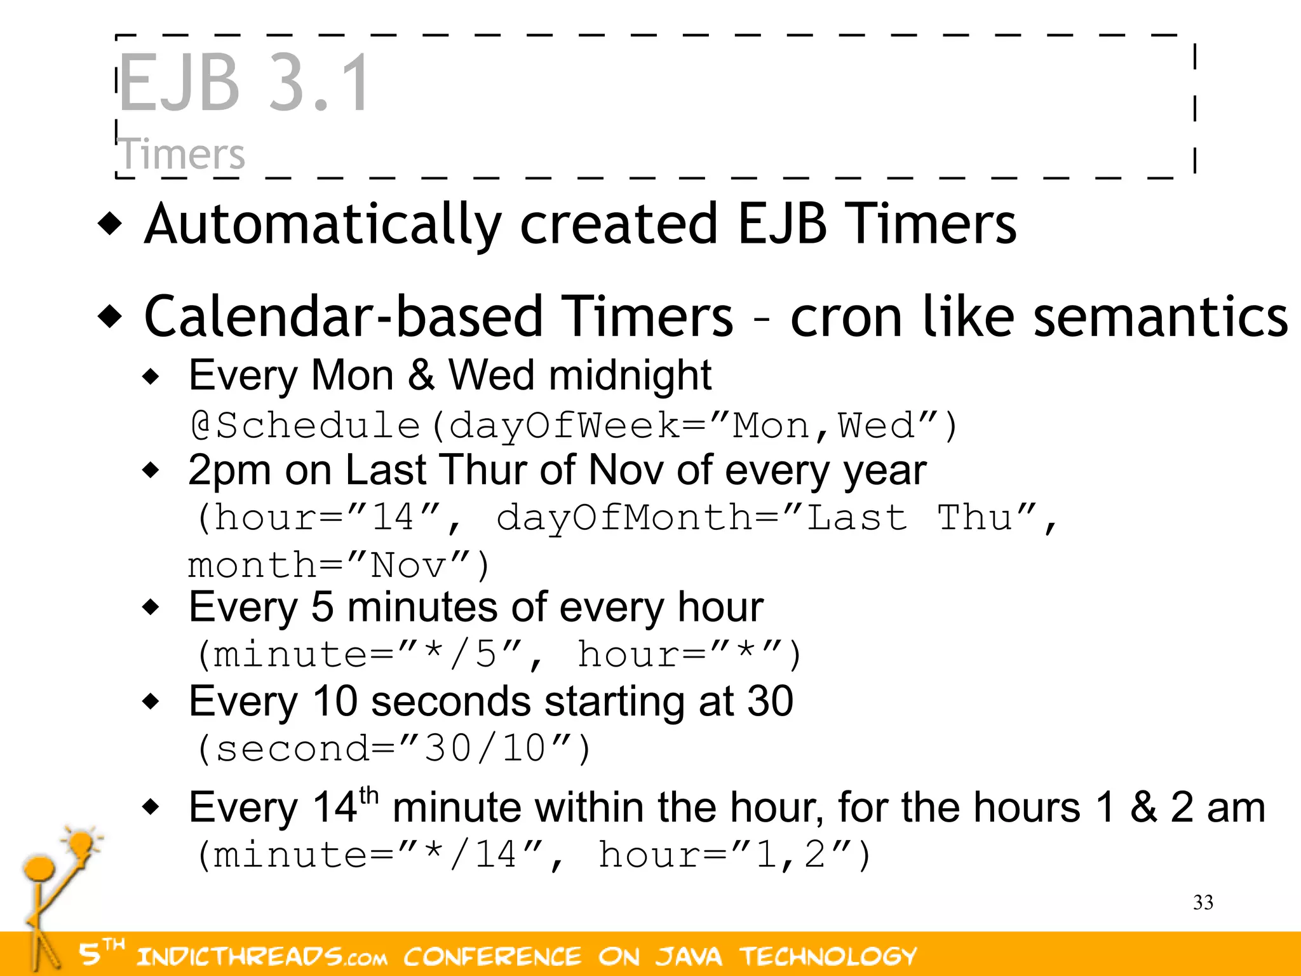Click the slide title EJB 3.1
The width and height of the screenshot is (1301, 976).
pyautogui.click(x=243, y=83)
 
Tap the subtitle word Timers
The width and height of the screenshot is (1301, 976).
pyautogui.click(x=182, y=154)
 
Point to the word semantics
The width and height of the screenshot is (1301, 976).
pyautogui.click(x=1161, y=317)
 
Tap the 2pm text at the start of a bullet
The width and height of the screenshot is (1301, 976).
pyautogui.click(x=229, y=471)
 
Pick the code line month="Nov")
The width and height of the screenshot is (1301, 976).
pyautogui.click(x=339, y=565)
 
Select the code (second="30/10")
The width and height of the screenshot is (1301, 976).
pyautogui.click(x=393, y=748)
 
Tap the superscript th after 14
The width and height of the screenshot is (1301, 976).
pyautogui.click(x=368, y=796)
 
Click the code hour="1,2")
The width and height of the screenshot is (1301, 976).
pyautogui.click(x=734, y=855)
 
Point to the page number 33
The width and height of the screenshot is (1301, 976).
pyautogui.click(x=1203, y=902)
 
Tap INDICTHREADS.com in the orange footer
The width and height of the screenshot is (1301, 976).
pyautogui.click(x=260, y=956)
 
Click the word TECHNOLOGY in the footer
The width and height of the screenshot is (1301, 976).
pyautogui.click(x=828, y=956)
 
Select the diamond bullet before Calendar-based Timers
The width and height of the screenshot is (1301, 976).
pyautogui.click(x=111, y=316)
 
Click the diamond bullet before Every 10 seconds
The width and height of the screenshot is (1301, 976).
pyautogui.click(x=151, y=702)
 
